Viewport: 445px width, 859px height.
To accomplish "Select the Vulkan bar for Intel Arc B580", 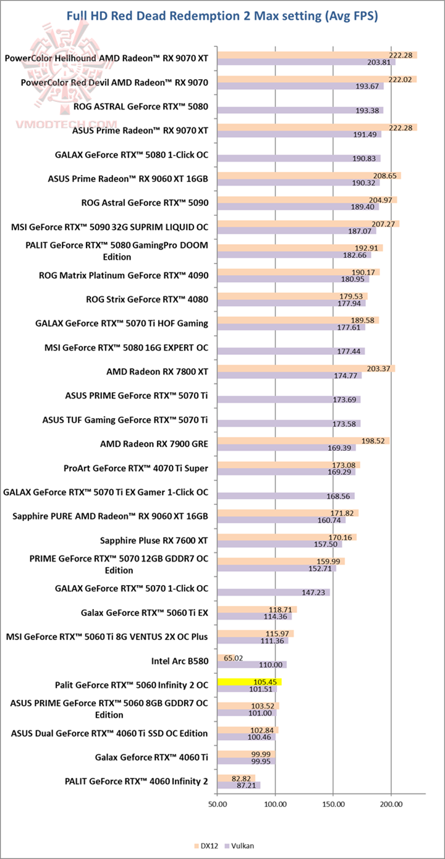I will click(x=252, y=665).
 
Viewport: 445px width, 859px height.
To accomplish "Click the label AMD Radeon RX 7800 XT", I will click(x=158, y=372).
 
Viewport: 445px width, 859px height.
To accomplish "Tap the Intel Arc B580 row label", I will click(x=180, y=661).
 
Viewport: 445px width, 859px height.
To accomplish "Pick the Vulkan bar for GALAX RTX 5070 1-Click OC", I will click(x=273, y=592).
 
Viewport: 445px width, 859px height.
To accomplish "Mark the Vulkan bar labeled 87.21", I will click(x=239, y=785).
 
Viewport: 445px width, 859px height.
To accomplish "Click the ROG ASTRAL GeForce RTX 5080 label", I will click(x=140, y=106).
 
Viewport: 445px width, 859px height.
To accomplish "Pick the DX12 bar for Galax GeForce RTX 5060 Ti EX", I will click(x=256, y=610).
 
